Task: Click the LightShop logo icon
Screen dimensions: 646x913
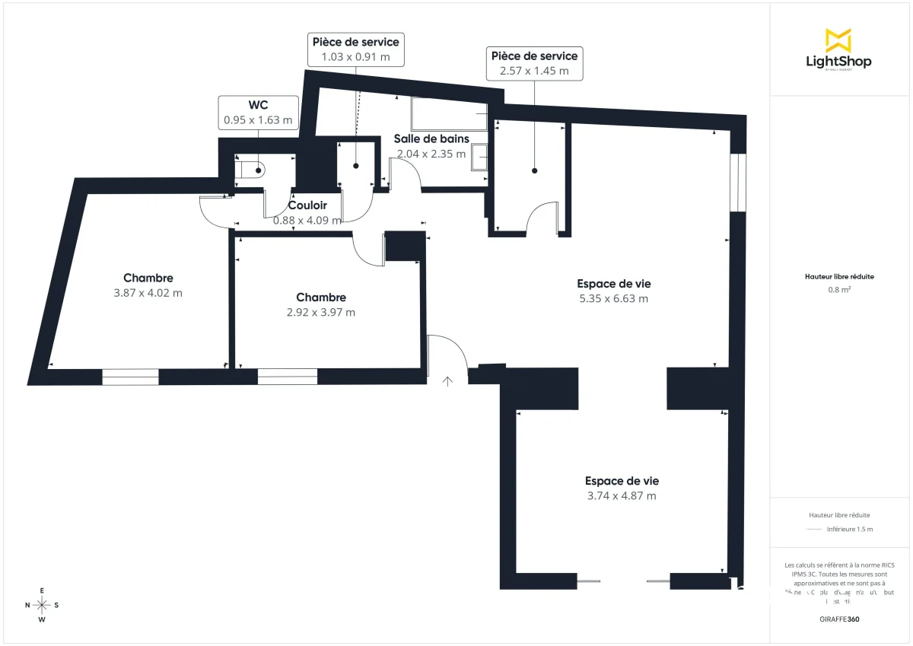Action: pyautogui.click(x=838, y=40)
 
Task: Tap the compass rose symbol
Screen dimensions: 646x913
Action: pyautogui.click(x=42, y=605)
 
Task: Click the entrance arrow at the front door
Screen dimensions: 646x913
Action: pyautogui.click(x=448, y=381)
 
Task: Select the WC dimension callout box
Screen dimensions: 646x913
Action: pyautogui.click(x=257, y=113)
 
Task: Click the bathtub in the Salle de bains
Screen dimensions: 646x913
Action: pyautogui.click(x=449, y=114)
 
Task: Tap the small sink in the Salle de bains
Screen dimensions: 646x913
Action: pyautogui.click(x=481, y=157)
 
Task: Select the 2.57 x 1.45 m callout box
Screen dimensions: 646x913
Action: pyautogui.click(x=534, y=63)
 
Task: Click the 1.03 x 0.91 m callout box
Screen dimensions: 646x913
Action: pyautogui.click(x=355, y=49)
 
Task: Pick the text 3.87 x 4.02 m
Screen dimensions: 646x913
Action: pyautogui.click(x=148, y=293)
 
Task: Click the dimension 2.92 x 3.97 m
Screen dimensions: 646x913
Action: pyautogui.click(x=320, y=312)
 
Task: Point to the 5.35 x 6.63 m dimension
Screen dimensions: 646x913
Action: pyautogui.click(x=613, y=298)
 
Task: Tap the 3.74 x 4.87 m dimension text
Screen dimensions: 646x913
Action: pyautogui.click(x=622, y=495)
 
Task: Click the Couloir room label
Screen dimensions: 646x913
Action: pyautogui.click(x=307, y=205)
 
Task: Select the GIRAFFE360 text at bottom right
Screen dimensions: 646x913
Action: pyautogui.click(x=840, y=619)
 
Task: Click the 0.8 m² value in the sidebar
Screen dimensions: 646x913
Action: pyautogui.click(x=839, y=289)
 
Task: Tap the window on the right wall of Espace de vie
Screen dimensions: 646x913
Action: pyautogui.click(x=736, y=183)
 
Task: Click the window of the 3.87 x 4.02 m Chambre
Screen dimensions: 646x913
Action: pyautogui.click(x=130, y=376)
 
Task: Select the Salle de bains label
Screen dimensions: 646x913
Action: pyautogui.click(x=431, y=138)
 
